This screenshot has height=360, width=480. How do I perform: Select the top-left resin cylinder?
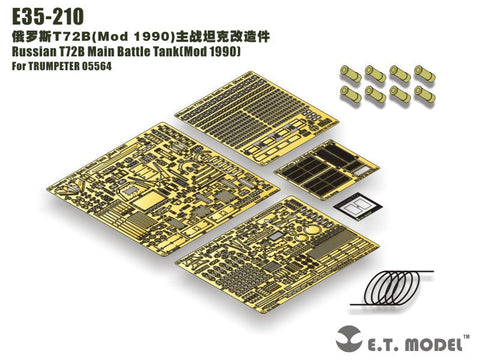point(353,71)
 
